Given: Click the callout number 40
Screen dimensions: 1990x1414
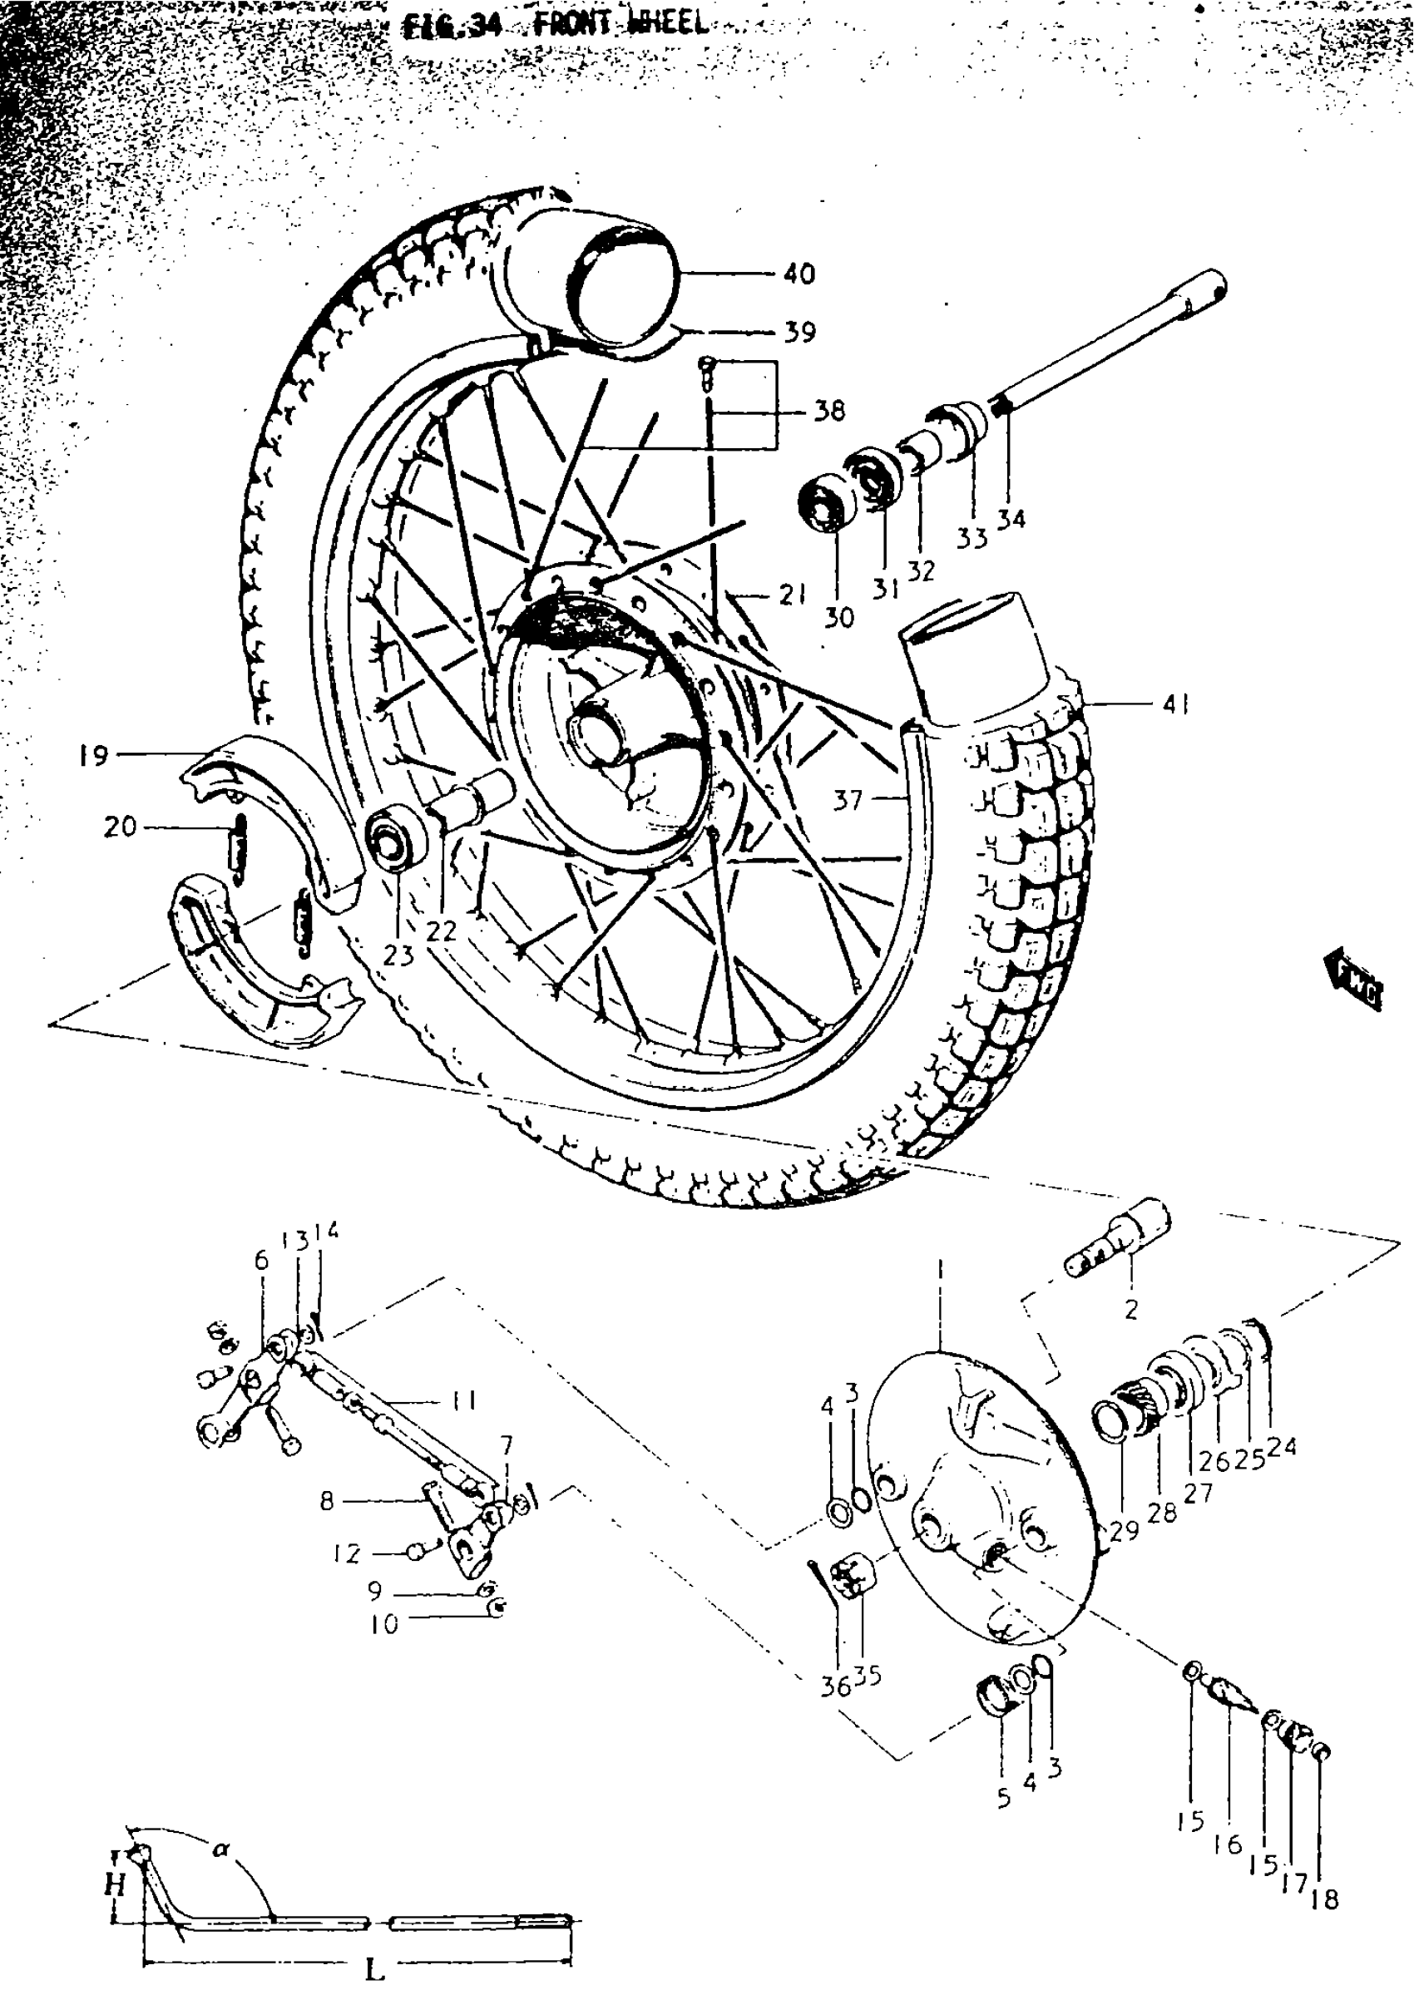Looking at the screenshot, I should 798,274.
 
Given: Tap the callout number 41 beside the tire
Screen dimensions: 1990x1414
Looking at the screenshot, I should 1174,704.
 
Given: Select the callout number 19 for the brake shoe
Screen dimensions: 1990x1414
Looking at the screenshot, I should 93,756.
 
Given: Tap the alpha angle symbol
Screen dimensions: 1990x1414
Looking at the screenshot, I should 221,1844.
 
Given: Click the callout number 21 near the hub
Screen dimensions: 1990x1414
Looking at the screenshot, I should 792,595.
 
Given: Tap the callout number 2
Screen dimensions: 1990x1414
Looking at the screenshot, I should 1130,1309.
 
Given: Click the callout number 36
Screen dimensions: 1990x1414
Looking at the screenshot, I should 836,1686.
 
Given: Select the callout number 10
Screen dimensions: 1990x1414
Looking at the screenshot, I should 384,1623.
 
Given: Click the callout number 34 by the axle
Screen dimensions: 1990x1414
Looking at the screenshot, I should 1011,520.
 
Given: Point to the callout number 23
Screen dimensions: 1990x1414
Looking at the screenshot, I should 398,955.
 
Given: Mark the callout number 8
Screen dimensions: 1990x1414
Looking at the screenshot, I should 327,1501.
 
